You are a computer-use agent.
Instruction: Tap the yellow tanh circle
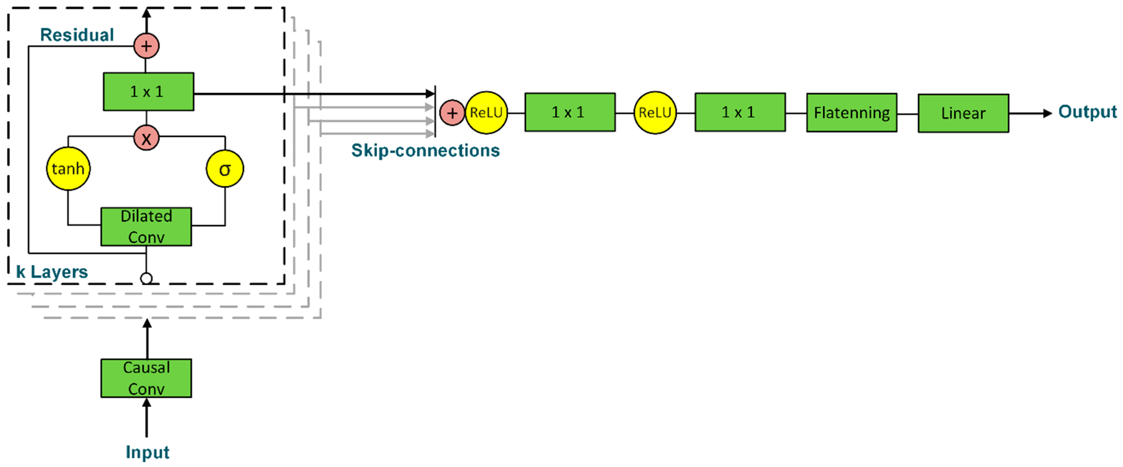coord(68,169)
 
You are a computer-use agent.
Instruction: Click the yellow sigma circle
coord(224,169)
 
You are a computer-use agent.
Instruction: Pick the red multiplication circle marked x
coord(146,138)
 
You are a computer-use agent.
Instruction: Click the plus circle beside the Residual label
coord(146,46)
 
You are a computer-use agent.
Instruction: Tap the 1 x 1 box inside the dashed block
coord(148,92)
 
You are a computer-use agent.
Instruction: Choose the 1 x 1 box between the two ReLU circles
coord(570,112)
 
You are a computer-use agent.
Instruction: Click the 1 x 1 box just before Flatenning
coord(740,112)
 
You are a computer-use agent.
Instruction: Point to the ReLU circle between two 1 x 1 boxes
coord(655,112)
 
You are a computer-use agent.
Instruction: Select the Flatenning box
coord(851,112)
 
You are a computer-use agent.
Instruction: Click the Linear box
coord(963,113)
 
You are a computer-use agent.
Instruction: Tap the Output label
coord(1087,112)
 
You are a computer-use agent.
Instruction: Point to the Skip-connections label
coord(425,150)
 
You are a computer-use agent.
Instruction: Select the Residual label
coord(77,35)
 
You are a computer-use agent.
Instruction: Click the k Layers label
coord(52,272)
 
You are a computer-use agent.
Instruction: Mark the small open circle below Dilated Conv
coord(146,278)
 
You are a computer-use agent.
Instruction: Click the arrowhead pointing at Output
coord(1047,113)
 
